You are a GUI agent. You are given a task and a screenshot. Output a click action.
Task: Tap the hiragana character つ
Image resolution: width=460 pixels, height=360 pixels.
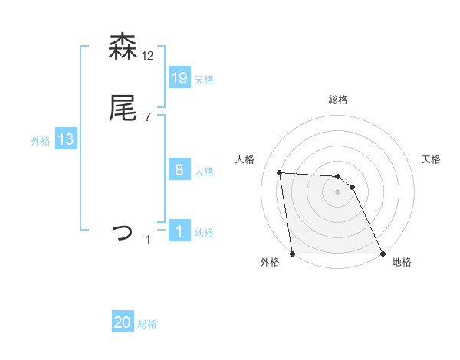[x=123, y=231]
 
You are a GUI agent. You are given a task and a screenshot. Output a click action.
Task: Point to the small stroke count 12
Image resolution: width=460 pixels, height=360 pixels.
[x=148, y=55]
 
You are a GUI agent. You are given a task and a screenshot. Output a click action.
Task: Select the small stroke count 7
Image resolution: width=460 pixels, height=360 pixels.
[x=148, y=116]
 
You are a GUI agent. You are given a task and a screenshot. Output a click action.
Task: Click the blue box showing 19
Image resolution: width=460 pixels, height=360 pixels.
[x=179, y=77]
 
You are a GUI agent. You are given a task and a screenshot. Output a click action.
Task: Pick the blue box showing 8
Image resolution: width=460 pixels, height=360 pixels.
[x=179, y=170]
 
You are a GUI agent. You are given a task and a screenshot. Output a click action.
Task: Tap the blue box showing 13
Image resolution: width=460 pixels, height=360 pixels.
[x=65, y=139]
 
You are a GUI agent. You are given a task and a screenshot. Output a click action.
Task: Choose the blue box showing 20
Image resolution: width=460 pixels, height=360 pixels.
[x=123, y=323]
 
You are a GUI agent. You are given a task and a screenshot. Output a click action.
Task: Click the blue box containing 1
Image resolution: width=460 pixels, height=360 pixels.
[x=179, y=231]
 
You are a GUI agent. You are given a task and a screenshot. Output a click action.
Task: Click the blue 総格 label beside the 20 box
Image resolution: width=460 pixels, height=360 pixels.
[x=147, y=325]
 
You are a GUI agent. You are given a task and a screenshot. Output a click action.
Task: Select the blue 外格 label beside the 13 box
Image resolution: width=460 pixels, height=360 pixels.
[x=41, y=141]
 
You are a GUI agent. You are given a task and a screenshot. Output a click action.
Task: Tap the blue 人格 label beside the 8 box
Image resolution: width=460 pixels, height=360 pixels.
[x=204, y=172]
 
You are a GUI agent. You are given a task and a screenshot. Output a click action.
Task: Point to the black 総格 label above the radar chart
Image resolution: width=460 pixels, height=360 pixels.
[x=337, y=100]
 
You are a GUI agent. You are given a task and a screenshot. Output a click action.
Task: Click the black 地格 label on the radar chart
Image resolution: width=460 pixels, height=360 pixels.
[x=402, y=262]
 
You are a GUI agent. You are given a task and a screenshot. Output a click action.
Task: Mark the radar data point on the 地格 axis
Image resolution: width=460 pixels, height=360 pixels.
[x=382, y=254]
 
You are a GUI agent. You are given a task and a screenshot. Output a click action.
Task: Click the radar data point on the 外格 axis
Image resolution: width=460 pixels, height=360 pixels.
[x=292, y=254]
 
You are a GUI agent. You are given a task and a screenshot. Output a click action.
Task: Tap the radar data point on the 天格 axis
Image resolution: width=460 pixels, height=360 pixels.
[x=352, y=187]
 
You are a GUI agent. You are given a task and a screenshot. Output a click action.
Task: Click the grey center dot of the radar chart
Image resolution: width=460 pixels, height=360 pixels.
[x=337, y=191]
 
